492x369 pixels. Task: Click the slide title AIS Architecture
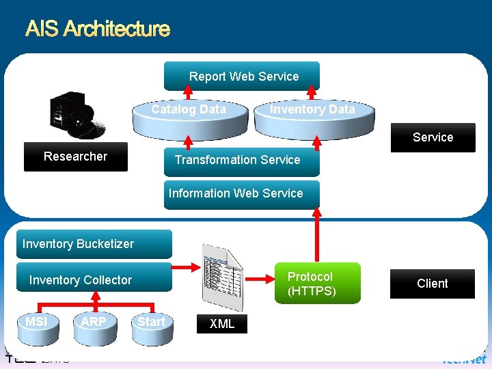tap(97, 29)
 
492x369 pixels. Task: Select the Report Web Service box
tap(242, 77)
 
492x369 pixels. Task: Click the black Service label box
tap(433, 137)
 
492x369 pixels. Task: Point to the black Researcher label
tap(75, 156)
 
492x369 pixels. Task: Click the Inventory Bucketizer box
tap(94, 244)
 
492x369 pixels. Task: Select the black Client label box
tap(433, 284)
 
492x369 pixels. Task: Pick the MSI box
tap(36, 322)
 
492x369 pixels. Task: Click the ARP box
tap(94, 322)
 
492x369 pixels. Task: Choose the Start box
tap(151, 322)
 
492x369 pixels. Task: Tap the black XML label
tap(222, 324)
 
